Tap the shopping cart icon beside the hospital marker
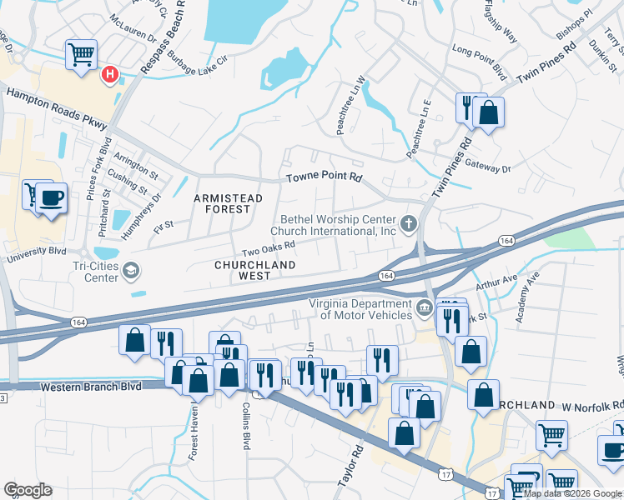tap(82, 56)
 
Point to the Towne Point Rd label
tap(325, 178)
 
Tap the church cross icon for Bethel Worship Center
tap(408, 222)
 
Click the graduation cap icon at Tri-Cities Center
tap(130, 270)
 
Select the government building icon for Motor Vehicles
tap(424, 309)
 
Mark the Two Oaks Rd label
tap(269, 247)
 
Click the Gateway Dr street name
tap(488, 167)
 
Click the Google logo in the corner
tap(28, 490)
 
